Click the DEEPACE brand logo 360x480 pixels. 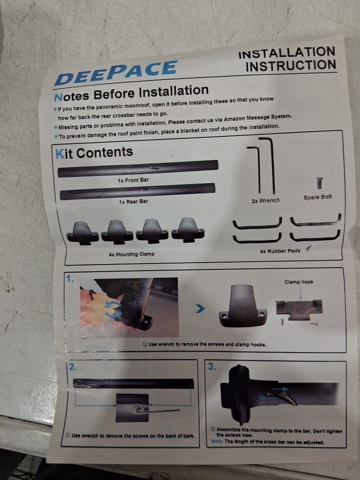(115, 72)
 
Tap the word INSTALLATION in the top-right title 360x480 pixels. (287, 52)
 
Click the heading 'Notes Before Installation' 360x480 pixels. (131, 93)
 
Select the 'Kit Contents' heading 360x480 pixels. (94, 153)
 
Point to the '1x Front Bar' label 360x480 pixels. (133, 180)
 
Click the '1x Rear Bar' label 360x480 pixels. (133, 201)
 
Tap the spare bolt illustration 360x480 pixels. (319, 183)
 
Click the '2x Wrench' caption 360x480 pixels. (265, 201)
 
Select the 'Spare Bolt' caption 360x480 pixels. (317, 197)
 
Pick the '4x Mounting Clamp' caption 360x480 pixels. (131, 254)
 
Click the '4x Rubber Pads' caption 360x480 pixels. (280, 251)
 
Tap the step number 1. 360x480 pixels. (70, 278)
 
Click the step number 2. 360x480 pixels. (72, 366)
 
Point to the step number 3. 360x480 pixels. (212, 366)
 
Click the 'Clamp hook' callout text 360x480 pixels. (299, 282)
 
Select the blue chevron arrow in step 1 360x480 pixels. (200, 309)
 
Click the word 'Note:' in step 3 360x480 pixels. (217, 441)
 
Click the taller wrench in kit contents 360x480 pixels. (268, 165)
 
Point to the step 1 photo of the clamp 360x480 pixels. (129, 307)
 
